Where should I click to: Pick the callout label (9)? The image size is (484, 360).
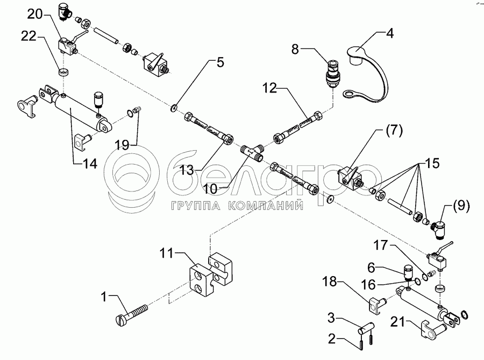[x=460, y=205]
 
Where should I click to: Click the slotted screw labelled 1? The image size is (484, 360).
[x=133, y=314]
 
